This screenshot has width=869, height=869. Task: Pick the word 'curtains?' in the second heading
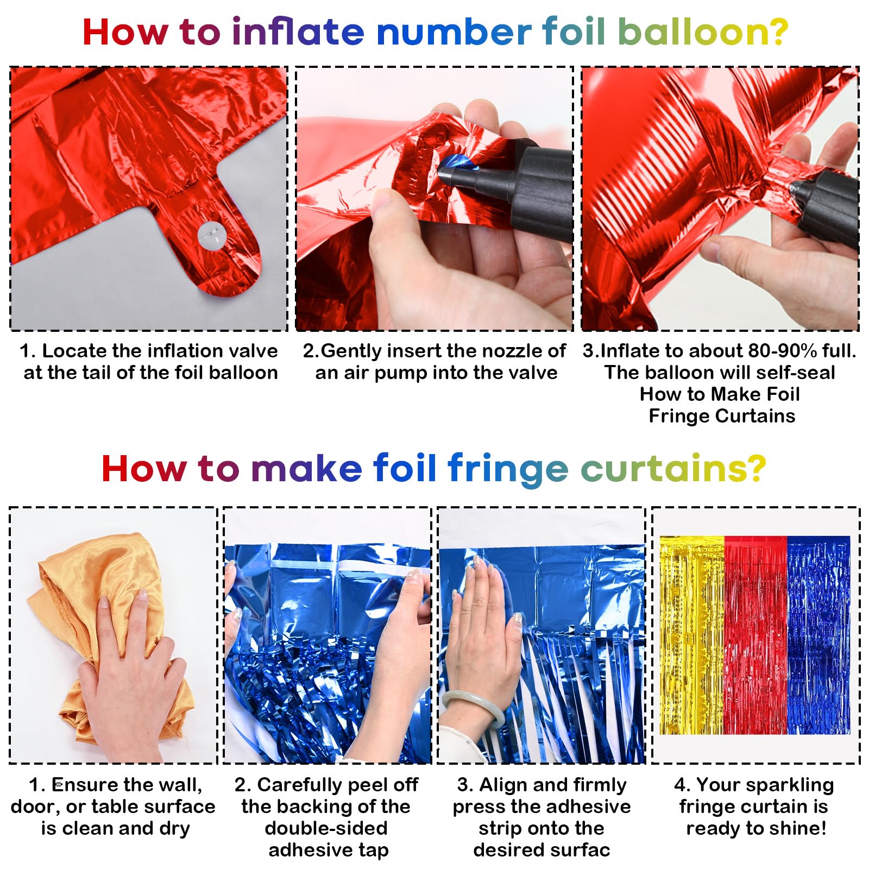tap(673, 468)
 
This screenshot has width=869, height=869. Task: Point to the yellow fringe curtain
tap(692, 635)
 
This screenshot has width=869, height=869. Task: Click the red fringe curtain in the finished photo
tap(756, 635)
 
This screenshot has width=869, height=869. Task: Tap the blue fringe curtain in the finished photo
tap(818, 635)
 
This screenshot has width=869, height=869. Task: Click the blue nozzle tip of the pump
tap(454, 166)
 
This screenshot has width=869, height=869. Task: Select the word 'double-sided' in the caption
tap(326, 828)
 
